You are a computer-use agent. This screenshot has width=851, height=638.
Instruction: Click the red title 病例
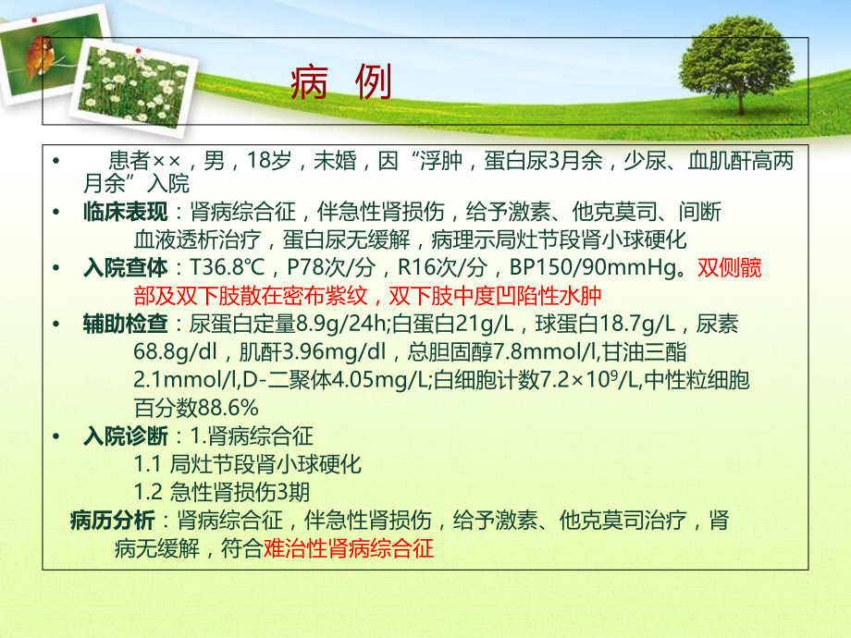tap(340, 84)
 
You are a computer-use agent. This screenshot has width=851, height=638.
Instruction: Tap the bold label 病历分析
tap(112, 521)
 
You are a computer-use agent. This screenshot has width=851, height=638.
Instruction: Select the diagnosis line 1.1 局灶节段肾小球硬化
tap(247, 464)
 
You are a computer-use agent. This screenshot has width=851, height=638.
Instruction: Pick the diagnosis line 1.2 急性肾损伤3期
tap(234, 492)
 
